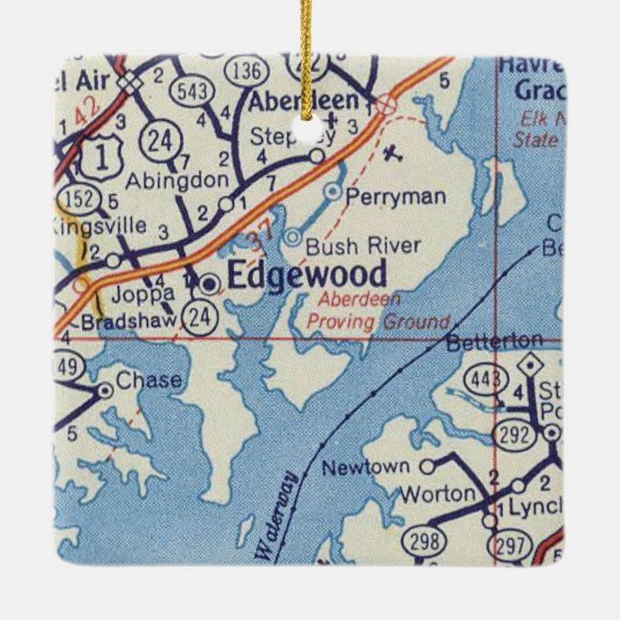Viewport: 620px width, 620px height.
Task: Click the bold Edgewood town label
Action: coord(306,275)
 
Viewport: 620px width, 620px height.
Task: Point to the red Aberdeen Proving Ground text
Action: coord(379,311)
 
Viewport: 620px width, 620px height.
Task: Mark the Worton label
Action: coord(437,495)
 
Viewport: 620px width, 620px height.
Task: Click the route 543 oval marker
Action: coord(190,90)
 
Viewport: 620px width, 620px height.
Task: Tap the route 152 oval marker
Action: coord(78,199)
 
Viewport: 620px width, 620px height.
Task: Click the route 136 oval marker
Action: coord(248,70)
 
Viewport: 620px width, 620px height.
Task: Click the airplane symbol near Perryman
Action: coord(393,154)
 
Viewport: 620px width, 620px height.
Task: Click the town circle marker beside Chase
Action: coord(105,388)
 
